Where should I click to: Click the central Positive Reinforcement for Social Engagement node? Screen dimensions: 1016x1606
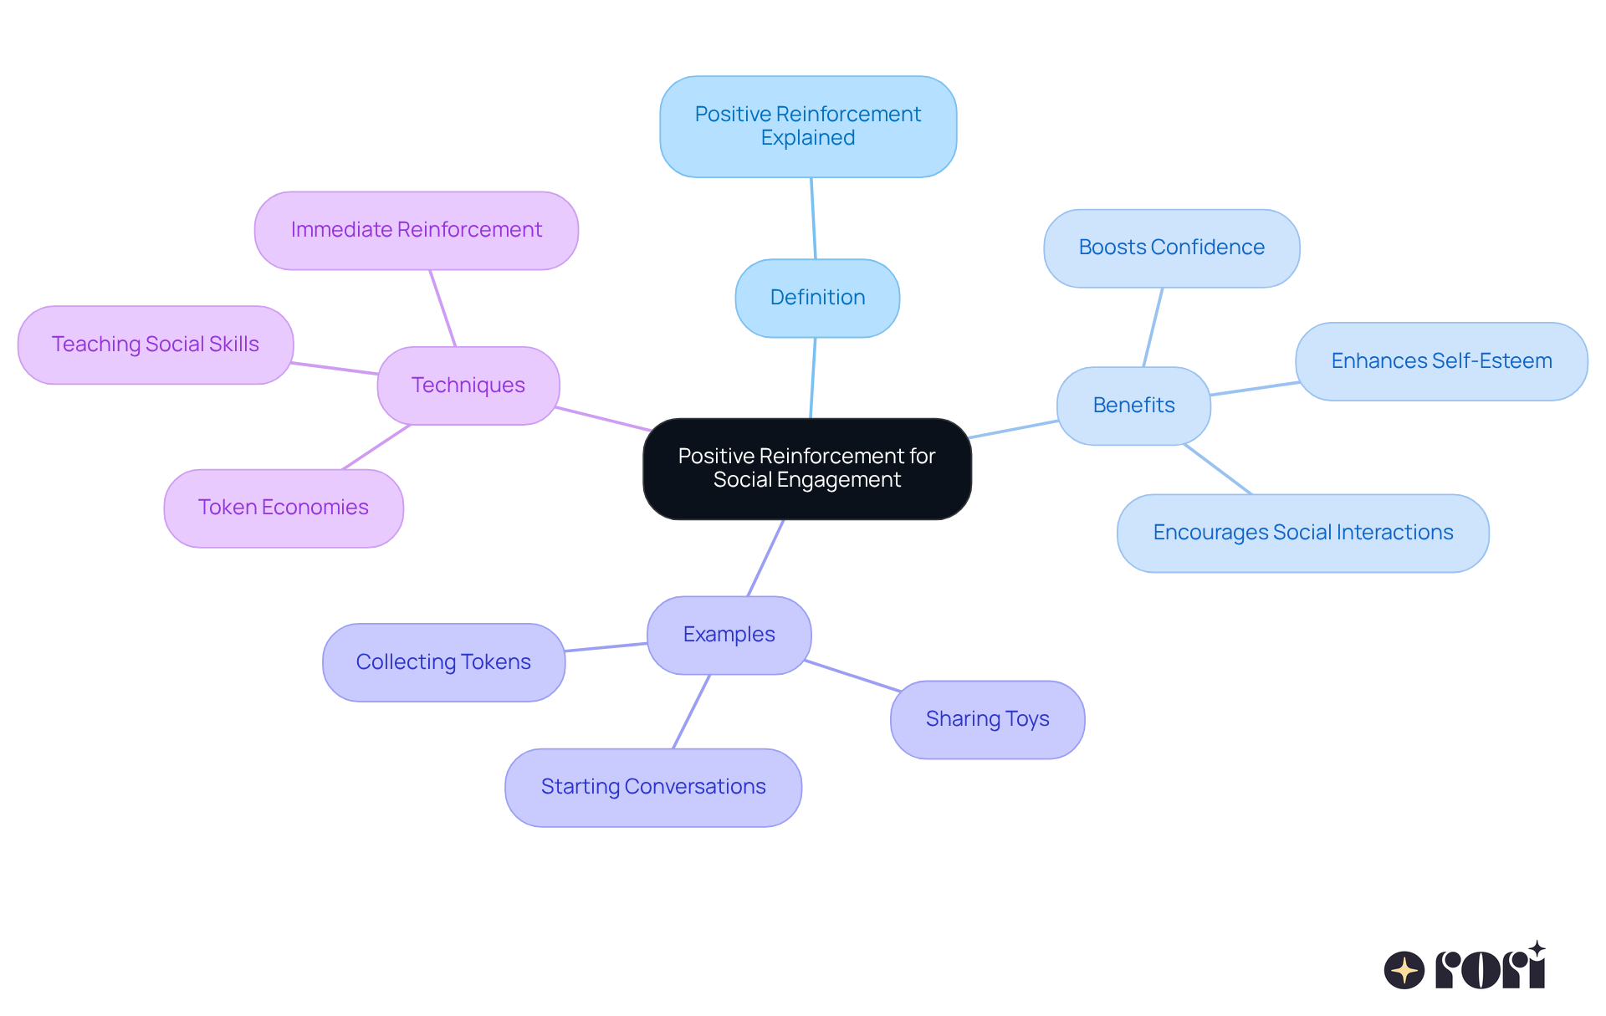[806, 468]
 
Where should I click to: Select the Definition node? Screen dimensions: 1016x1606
[817, 298]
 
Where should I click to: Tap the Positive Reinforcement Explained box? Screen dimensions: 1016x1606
[807, 126]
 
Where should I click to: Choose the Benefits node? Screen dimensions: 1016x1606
[1133, 406]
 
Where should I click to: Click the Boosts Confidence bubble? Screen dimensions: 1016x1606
[1171, 248]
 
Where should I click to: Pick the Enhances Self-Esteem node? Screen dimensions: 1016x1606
[1440, 361]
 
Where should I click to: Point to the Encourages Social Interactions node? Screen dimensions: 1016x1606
[1302, 533]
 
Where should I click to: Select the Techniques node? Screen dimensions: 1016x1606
[468, 385]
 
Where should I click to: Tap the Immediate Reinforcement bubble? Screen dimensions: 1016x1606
[416, 230]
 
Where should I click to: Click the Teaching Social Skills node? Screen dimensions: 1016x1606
[156, 345]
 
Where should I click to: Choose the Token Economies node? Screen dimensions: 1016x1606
[284, 508]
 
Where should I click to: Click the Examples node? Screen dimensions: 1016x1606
[729, 635]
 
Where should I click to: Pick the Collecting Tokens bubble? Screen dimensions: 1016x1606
[443, 662]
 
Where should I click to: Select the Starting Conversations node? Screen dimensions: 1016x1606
[652, 787]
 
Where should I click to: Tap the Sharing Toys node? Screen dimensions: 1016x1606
[987, 719]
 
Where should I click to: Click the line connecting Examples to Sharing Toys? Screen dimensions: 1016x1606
[852, 676]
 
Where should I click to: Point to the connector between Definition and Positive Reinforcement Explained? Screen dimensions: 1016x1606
[813, 218]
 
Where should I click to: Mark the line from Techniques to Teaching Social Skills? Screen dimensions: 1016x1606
[335, 369]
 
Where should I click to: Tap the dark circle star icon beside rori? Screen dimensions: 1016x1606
[1404, 970]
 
